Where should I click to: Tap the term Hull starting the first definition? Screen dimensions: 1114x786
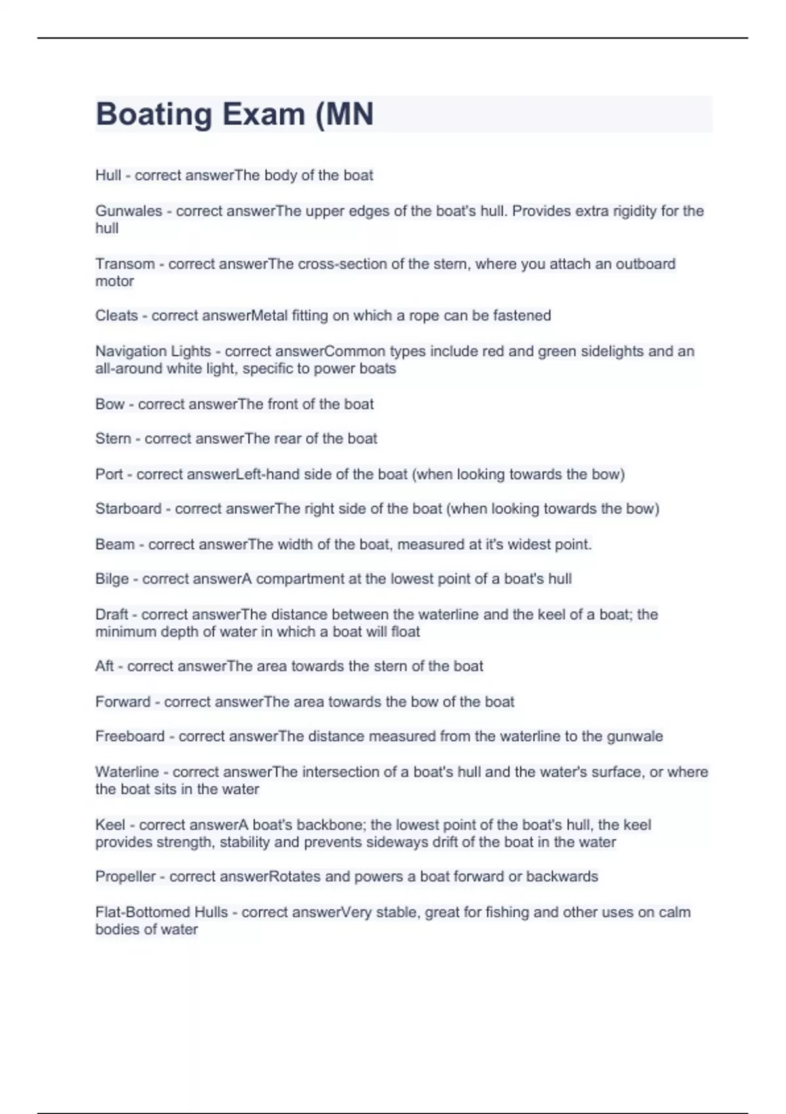[x=108, y=176]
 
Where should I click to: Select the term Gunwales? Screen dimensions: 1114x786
[x=128, y=211]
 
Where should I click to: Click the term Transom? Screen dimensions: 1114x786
[x=124, y=264]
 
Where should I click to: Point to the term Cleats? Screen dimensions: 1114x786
[x=117, y=316]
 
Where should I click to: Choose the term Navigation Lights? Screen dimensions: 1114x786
[x=153, y=351]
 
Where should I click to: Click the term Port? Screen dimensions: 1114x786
[x=109, y=474]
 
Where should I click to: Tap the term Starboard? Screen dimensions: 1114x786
[x=128, y=509]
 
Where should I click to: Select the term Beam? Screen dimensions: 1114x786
[x=115, y=544]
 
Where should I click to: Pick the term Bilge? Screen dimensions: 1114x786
[x=112, y=579]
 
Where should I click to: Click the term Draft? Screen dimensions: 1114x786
[x=111, y=615]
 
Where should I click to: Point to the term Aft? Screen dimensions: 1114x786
[x=104, y=666]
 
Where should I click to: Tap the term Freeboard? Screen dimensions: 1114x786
[x=130, y=737]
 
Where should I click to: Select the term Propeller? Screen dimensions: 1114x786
[x=125, y=877]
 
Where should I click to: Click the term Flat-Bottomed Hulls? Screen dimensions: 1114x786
[x=161, y=912]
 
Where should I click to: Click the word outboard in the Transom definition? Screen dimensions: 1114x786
[x=645, y=264]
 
